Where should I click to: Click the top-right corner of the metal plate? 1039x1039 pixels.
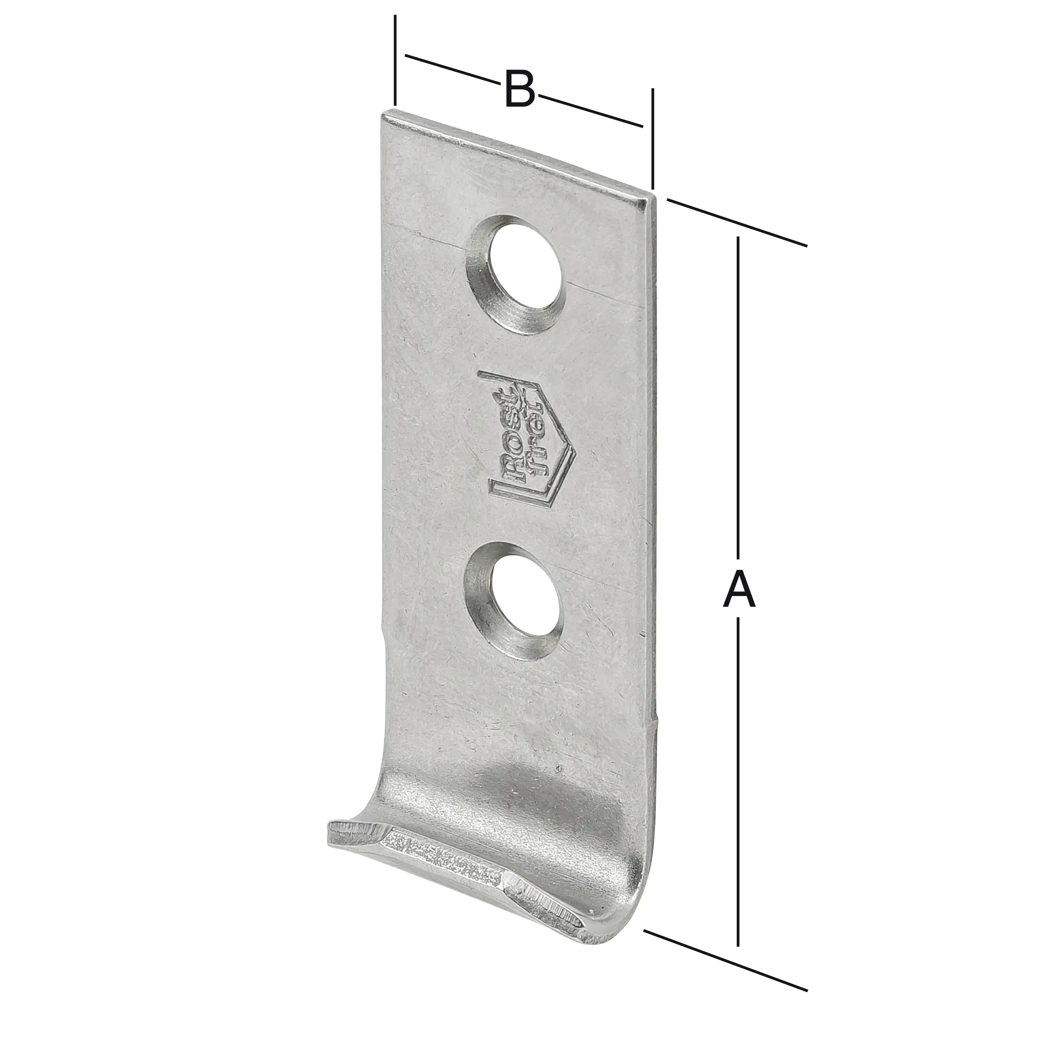pos(652,199)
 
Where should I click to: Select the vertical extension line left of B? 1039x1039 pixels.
pos(395,59)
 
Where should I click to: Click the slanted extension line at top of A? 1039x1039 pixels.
pos(737,223)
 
